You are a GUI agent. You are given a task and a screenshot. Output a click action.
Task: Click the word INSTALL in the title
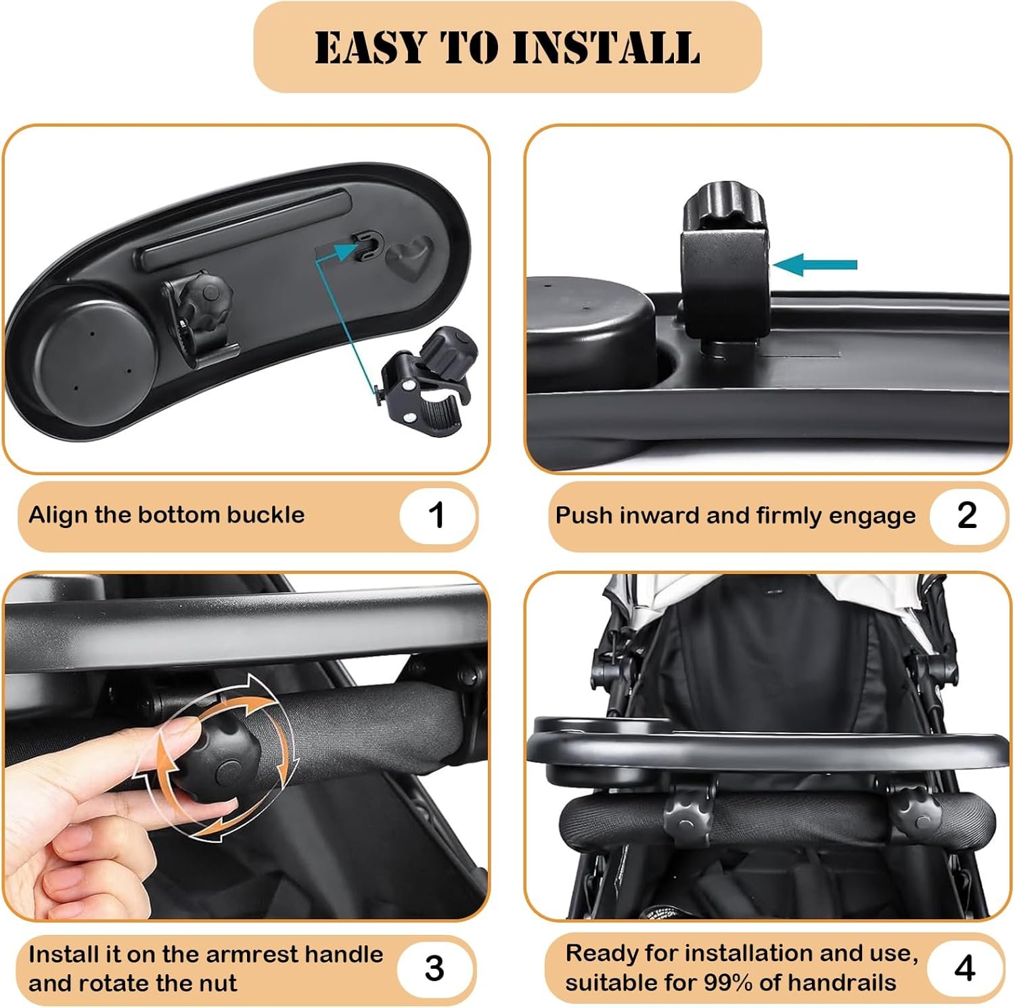pos(606,47)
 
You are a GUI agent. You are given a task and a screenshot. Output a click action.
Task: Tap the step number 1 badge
pos(436,515)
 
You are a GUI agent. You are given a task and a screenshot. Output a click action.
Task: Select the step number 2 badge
pos(967,515)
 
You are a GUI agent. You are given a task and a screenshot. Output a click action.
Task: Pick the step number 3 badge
pos(435,968)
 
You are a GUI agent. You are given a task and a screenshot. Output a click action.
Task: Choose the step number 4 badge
pos(965,968)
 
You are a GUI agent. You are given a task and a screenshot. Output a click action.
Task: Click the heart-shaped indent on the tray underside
pos(410,259)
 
